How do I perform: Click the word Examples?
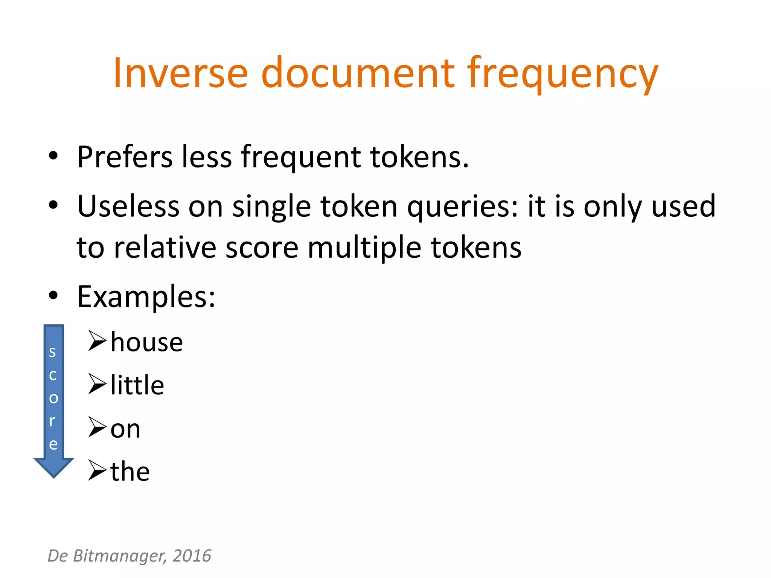pyautogui.click(x=146, y=297)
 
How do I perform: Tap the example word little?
pyautogui.click(x=137, y=385)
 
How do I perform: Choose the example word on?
pyautogui.click(x=125, y=429)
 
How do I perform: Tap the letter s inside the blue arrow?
pyautogui.click(x=53, y=352)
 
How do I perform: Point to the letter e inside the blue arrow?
pyautogui.click(x=53, y=444)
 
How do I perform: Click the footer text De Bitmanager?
pyautogui.click(x=107, y=556)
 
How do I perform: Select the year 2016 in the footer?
pyautogui.click(x=192, y=556)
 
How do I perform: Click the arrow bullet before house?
pyautogui.click(x=97, y=341)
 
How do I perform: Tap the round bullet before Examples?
pyautogui.click(x=53, y=296)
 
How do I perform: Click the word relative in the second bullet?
pyautogui.click(x=165, y=248)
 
